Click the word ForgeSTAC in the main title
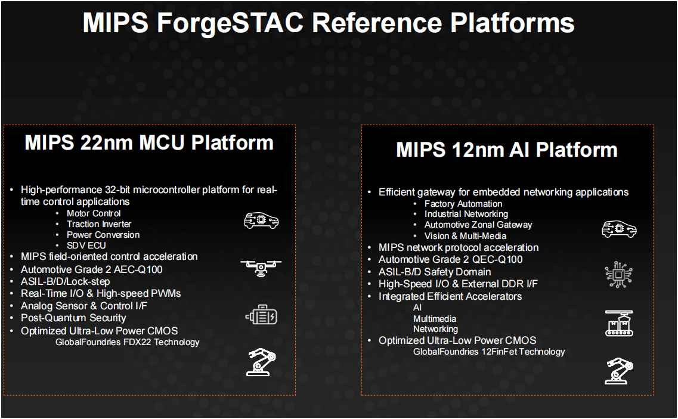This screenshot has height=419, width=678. (x=230, y=23)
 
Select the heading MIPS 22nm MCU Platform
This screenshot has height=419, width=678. (x=149, y=142)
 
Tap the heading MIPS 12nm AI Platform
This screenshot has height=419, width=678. (x=507, y=150)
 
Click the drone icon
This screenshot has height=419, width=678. (x=261, y=268)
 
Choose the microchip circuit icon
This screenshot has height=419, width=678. (x=618, y=275)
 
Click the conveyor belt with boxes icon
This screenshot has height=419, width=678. (x=619, y=323)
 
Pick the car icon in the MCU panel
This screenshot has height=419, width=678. (x=261, y=221)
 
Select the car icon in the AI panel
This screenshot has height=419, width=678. (x=619, y=229)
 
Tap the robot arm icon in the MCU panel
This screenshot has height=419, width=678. (x=261, y=362)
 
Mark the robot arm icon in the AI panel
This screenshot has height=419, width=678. (x=619, y=371)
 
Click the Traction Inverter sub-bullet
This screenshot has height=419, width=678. (x=99, y=224)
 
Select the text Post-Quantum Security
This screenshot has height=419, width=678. (x=73, y=318)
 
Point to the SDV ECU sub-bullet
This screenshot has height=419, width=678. (x=86, y=246)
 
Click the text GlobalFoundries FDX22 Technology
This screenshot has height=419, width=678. (x=128, y=342)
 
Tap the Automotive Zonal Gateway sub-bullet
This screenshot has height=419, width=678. (x=478, y=225)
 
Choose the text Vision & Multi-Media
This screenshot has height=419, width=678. (x=465, y=236)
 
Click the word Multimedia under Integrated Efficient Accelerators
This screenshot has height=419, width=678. (x=435, y=319)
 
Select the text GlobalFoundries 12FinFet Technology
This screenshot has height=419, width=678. (x=489, y=352)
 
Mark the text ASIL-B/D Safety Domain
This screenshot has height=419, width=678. (x=435, y=272)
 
